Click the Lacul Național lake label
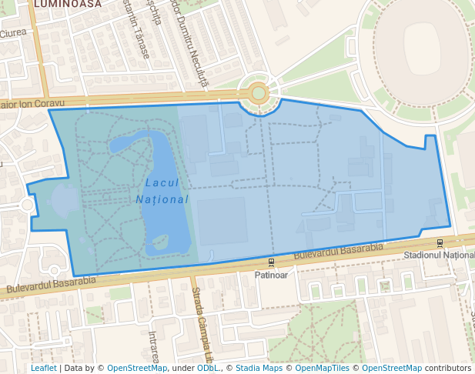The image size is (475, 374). (x=166, y=191)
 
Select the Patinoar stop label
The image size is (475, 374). (x=271, y=274)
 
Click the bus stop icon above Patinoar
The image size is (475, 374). (x=271, y=262)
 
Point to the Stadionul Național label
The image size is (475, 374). (x=439, y=255)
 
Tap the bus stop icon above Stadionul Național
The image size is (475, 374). (x=440, y=243)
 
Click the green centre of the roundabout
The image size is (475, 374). (x=258, y=93)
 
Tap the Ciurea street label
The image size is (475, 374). (x=13, y=33)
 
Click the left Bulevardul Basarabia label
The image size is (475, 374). (x=51, y=285)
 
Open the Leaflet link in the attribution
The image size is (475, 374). (x=43, y=368)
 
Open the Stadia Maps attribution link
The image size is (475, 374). (x=259, y=368)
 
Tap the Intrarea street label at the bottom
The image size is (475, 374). (x=153, y=346)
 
